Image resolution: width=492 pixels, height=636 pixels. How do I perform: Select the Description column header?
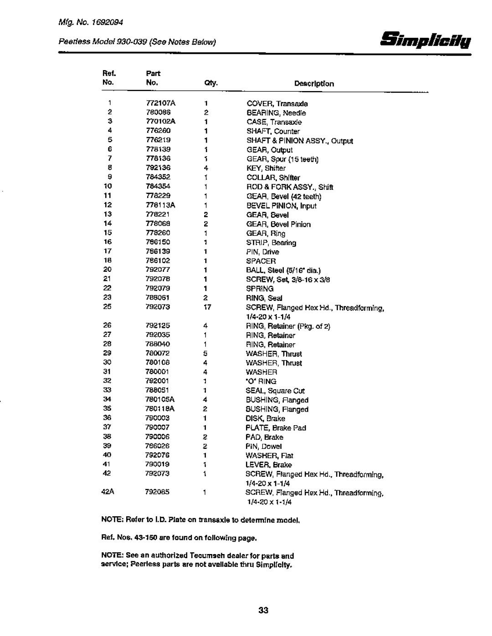click(314, 84)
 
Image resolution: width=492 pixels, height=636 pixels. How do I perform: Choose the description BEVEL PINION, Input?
click(281, 205)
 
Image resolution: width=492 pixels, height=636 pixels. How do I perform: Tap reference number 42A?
click(108, 492)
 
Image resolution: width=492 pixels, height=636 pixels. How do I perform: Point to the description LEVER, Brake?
click(269, 465)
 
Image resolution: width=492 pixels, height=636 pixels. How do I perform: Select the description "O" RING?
click(261, 381)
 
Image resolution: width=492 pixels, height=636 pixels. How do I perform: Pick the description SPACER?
click(261, 261)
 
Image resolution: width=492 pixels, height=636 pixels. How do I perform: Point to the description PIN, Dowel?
click(264, 446)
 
